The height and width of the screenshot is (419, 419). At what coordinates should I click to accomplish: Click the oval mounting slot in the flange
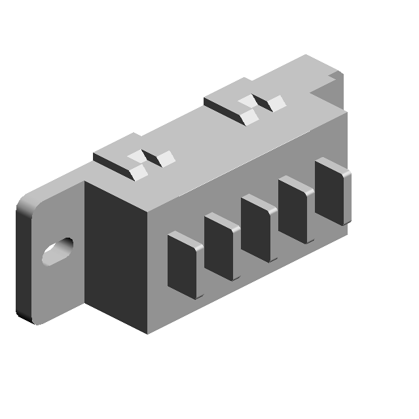point(57,251)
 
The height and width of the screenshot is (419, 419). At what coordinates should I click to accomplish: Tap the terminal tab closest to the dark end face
point(185,262)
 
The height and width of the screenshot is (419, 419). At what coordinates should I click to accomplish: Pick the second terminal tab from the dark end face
point(221,244)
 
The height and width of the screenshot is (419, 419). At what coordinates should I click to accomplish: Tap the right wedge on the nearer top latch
point(165,158)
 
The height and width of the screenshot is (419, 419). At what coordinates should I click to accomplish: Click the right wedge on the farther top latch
point(276,102)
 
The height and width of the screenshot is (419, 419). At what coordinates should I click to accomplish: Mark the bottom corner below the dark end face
point(147,331)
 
